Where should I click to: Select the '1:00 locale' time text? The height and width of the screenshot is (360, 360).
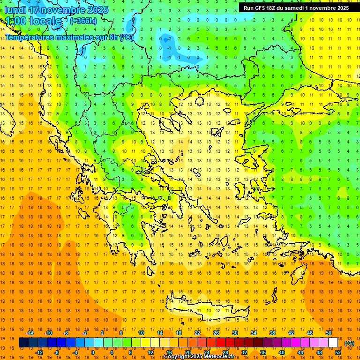coord(33,21)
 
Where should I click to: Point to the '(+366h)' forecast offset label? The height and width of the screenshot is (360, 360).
coord(83,21)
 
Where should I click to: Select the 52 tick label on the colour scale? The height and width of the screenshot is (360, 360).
coord(338,352)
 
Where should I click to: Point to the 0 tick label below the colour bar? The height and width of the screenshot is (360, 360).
coord(92,352)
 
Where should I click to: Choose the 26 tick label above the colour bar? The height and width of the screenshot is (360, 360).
coord(216,333)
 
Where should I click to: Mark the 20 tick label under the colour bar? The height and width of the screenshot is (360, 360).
coord(188,352)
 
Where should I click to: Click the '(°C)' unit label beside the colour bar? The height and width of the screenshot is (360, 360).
coord(349,343)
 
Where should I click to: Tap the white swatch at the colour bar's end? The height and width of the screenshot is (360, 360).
coord(333,343)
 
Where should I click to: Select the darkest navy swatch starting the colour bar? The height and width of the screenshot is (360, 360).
coord(23,343)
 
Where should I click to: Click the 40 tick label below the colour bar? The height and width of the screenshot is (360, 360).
coord(282,352)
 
